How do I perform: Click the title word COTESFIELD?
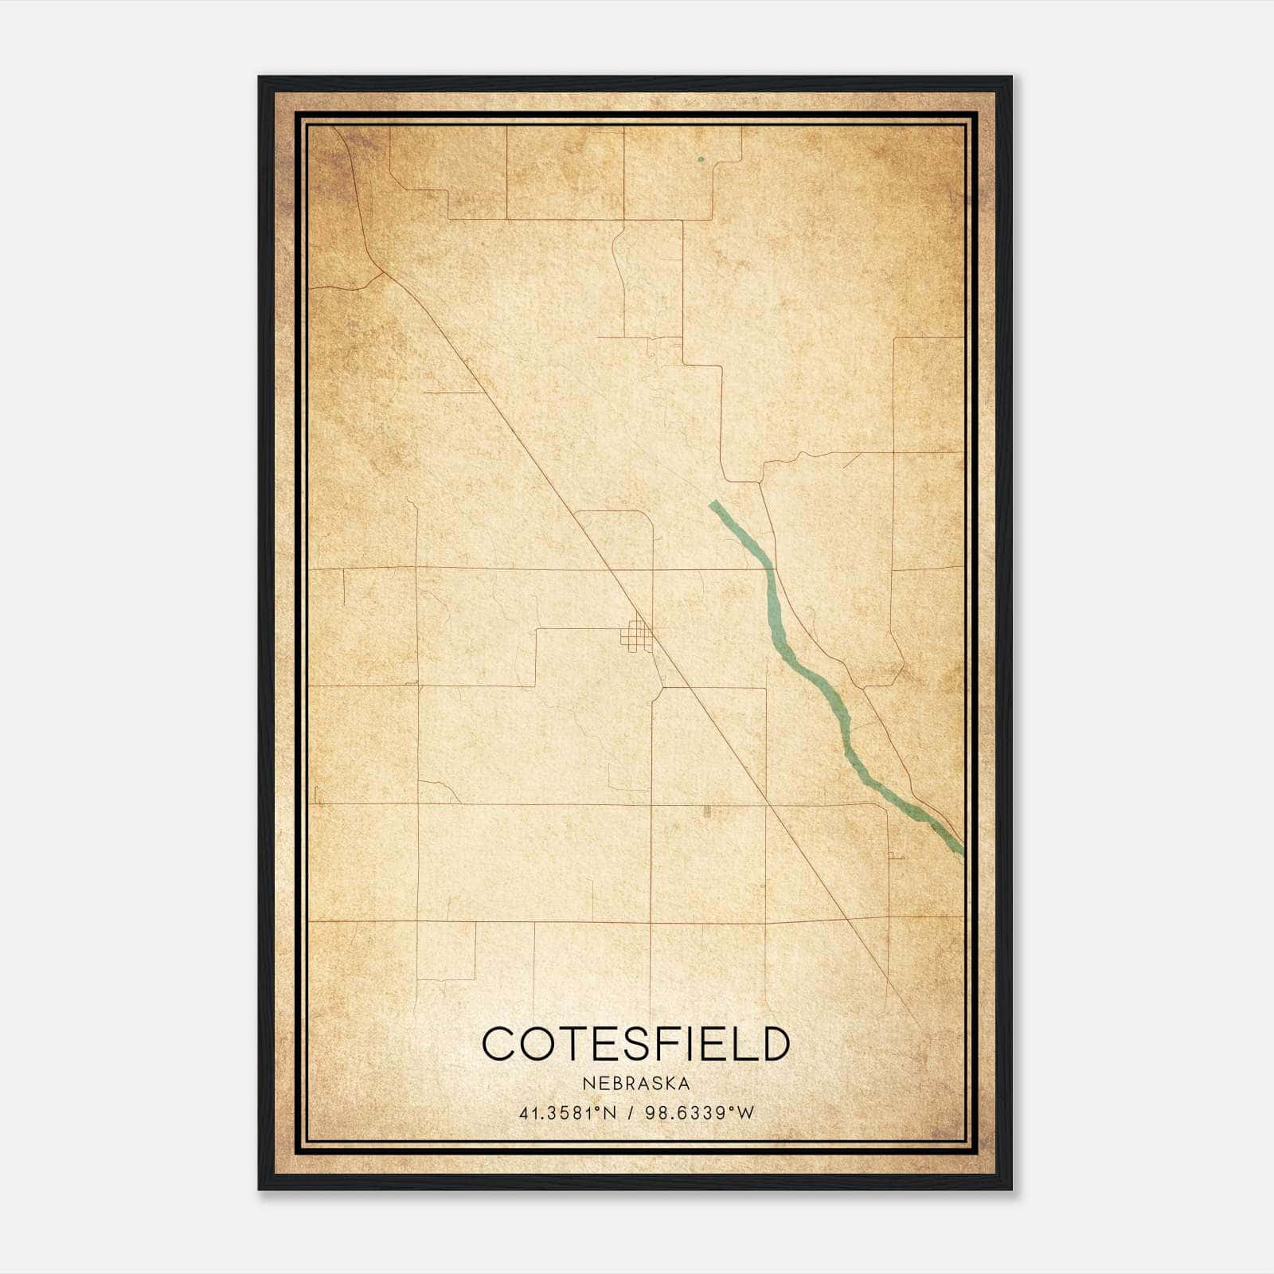[635, 1044]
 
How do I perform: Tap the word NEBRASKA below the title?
[636, 1084]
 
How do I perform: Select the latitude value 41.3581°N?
[568, 1113]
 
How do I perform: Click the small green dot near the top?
[701, 159]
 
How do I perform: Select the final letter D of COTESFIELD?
[773, 1044]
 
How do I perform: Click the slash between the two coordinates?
[630, 1113]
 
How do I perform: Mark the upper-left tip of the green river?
[713, 503]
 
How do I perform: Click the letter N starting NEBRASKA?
[588, 1084]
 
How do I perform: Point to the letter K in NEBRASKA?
[666, 1084]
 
